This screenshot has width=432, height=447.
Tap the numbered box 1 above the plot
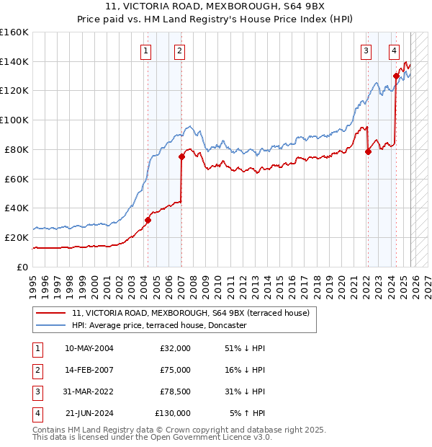pyautogui.click(x=146, y=50)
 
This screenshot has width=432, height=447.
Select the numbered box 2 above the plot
pyautogui.click(x=179, y=50)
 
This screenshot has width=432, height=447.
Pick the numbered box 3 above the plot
pyautogui.click(x=366, y=50)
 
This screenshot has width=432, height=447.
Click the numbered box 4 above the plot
pyautogui.click(x=395, y=50)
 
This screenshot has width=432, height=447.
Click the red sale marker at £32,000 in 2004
pyautogui.click(x=148, y=220)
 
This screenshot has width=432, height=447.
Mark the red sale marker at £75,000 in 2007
pyautogui.click(x=181, y=156)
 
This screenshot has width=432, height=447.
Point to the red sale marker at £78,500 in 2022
pyautogui.click(x=368, y=151)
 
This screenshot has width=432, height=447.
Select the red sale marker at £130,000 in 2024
pyautogui.click(x=396, y=75)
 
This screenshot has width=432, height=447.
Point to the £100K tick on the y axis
pyautogui.click(x=14, y=120)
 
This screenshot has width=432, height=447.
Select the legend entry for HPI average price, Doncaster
pyautogui.click(x=159, y=325)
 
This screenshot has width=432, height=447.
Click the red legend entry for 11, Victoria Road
pyautogui.click(x=191, y=313)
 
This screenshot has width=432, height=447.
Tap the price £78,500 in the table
pyautogui.click(x=173, y=391)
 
